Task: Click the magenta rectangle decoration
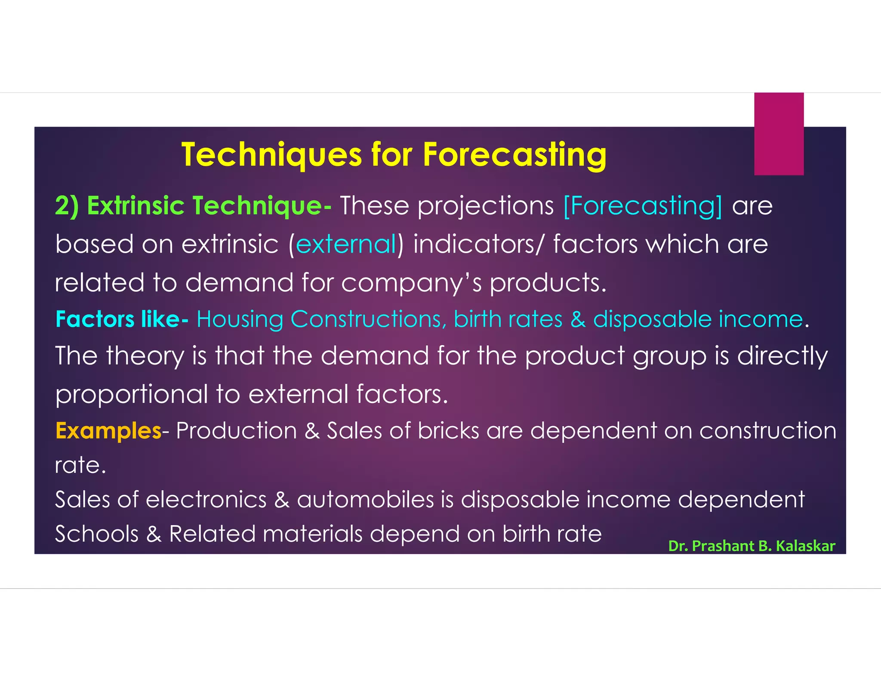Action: click(x=779, y=134)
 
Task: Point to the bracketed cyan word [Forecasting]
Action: click(x=643, y=206)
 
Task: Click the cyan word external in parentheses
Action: click(x=346, y=244)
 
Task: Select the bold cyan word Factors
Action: click(x=95, y=319)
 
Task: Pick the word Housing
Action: click(x=240, y=319)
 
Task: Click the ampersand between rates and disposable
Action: click(x=578, y=319)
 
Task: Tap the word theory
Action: click(x=145, y=356)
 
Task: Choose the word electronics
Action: click(x=206, y=499)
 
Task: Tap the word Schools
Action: click(x=97, y=534)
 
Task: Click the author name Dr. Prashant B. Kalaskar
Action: click(x=752, y=546)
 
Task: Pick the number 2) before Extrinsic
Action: click(x=67, y=206)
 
